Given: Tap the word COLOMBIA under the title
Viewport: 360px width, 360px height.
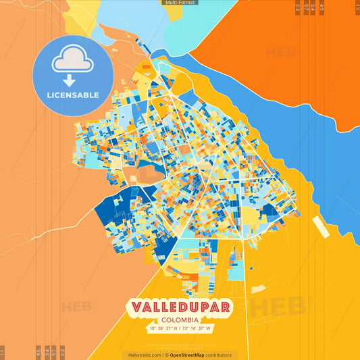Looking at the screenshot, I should pyautogui.click(x=179, y=319).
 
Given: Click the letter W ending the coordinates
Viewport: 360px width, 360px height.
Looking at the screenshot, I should pyautogui.click(x=209, y=328).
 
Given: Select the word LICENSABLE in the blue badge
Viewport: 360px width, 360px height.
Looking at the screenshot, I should pyautogui.click(x=73, y=95).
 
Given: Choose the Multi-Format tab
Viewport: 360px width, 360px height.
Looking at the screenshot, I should pyautogui.click(x=180, y=3).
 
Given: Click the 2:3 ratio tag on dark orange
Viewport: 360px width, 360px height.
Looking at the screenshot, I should pyautogui.click(x=298, y=8).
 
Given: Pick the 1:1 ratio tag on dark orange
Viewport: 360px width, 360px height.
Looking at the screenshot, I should pyautogui.click(x=356, y=8).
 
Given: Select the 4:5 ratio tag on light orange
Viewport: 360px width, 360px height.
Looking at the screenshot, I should pyautogui.click(x=38, y=352).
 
